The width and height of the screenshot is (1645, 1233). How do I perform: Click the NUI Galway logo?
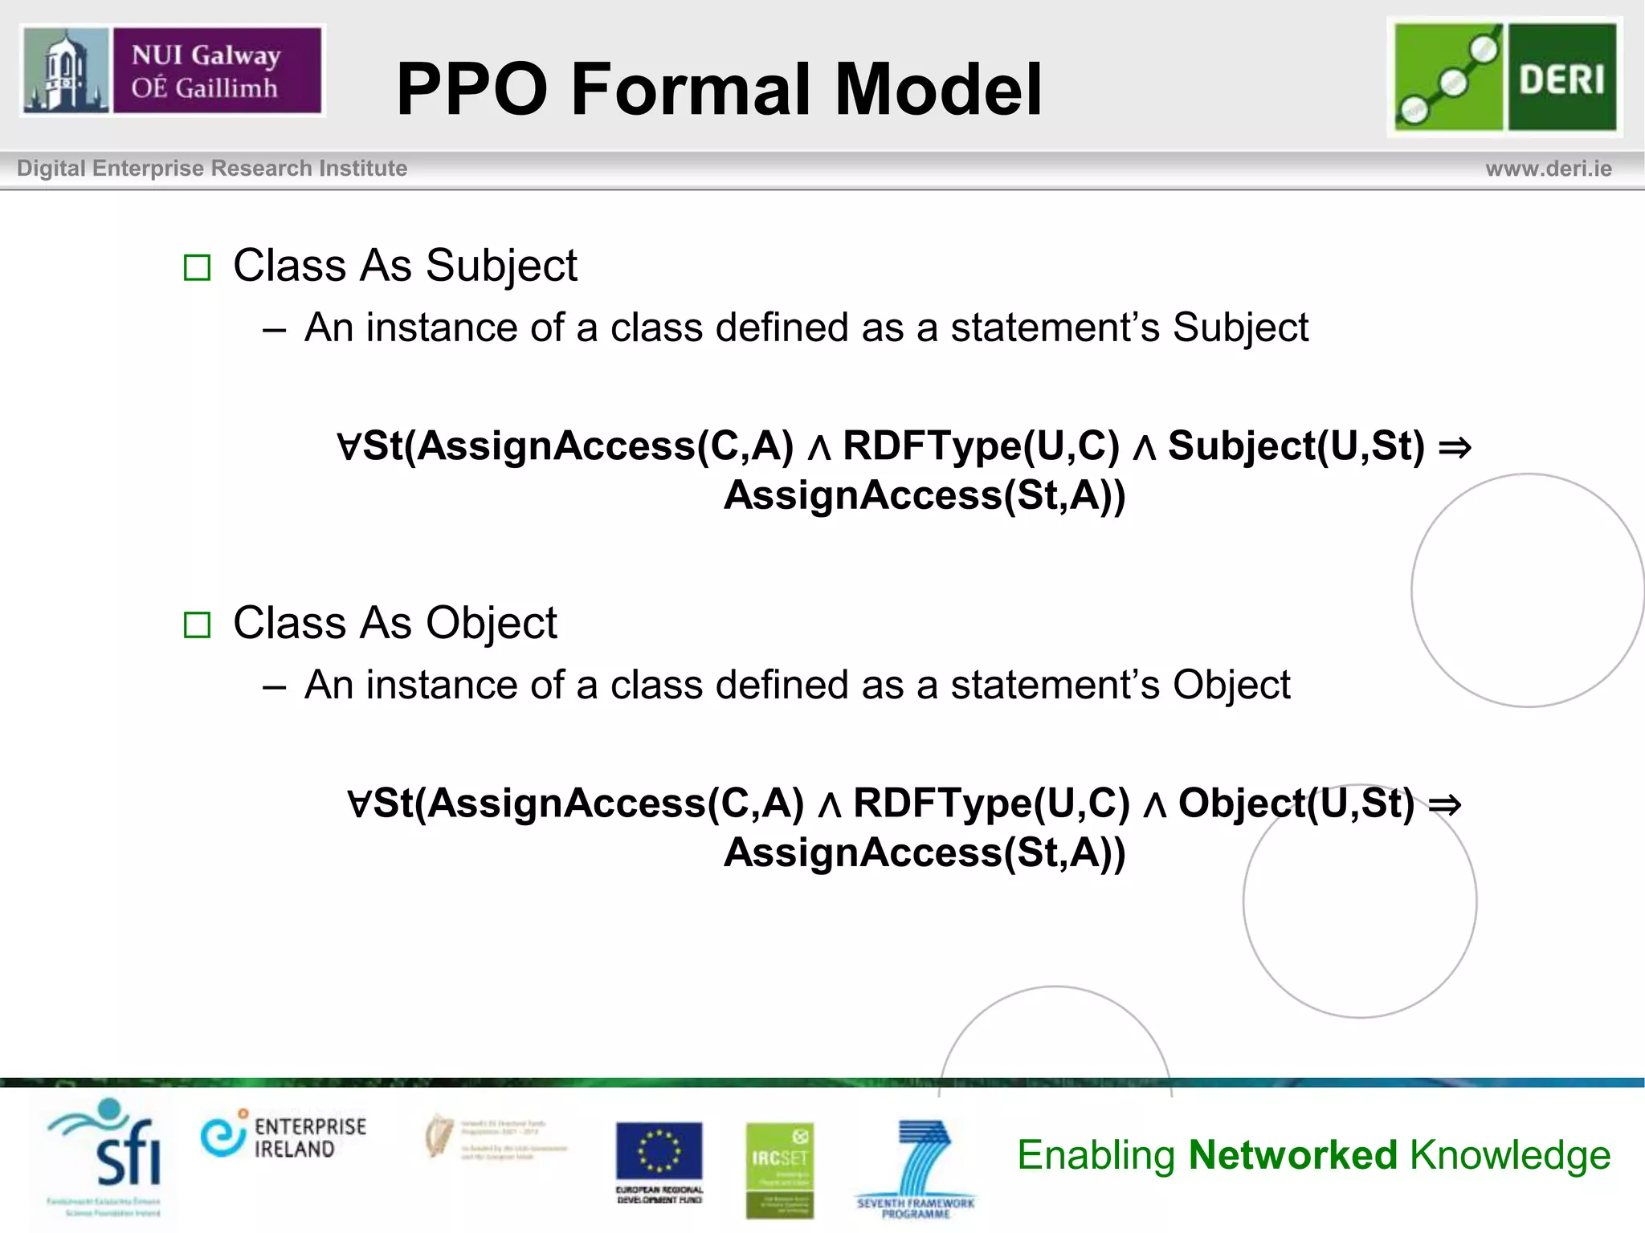(172, 71)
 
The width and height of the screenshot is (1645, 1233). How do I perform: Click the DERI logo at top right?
(1504, 77)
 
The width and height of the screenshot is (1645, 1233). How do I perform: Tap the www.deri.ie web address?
(1548, 169)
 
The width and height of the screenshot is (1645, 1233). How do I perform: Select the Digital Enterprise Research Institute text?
(212, 169)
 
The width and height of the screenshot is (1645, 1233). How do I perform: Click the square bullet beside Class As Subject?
(197, 267)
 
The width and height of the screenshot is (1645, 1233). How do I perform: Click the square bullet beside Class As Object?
(197, 625)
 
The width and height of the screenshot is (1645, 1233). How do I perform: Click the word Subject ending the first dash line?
(1240, 328)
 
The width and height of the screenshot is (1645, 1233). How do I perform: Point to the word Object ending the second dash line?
(1231, 685)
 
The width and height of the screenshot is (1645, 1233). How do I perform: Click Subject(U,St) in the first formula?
(1296, 446)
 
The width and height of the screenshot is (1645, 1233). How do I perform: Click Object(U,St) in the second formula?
(1296, 803)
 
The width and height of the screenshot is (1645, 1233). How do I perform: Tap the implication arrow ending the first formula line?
(1455, 447)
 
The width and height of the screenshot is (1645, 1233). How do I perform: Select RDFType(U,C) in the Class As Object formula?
(990, 803)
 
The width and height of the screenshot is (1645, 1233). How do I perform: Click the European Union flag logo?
(659, 1152)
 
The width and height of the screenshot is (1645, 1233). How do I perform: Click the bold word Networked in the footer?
(1292, 1155)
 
